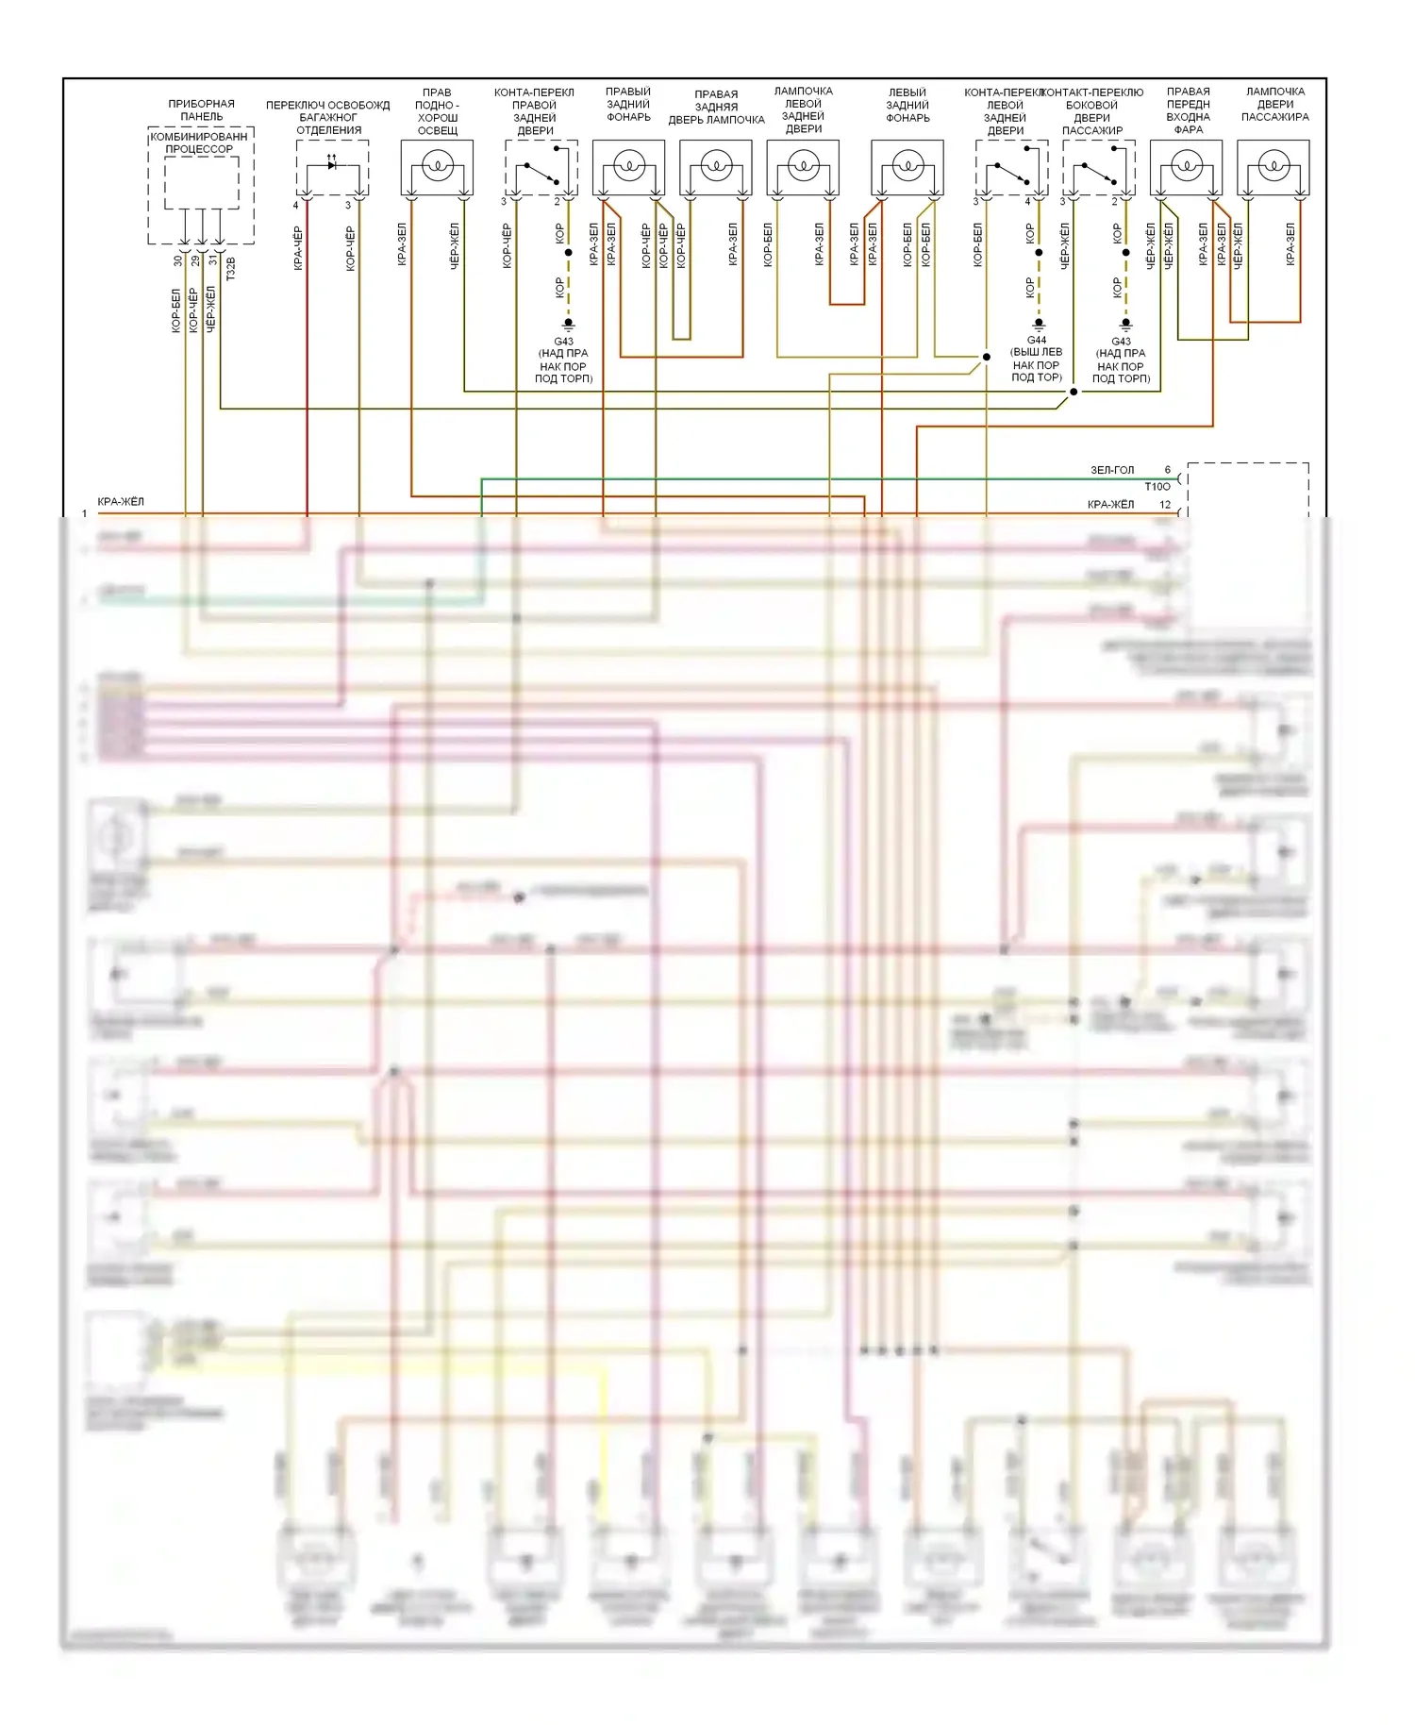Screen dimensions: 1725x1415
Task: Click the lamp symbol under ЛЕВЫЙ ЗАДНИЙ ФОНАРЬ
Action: pos(907,167)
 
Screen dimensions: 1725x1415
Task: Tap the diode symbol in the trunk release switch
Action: pos(332,165)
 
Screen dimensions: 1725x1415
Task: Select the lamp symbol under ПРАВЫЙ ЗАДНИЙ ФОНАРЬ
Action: pos(628,167)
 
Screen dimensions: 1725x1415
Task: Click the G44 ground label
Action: pos(1037,340)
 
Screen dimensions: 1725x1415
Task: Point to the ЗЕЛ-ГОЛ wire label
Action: pos(1112,470)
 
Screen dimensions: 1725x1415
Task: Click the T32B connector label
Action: pos(231,268)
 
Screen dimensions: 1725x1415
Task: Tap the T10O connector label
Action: pos(1157,487)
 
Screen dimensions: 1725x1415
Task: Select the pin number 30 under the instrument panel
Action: pos(178,260)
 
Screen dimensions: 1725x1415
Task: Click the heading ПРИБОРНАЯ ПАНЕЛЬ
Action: pos(201,109)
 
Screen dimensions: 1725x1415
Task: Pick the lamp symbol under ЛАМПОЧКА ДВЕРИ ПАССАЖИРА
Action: pos(1273,167)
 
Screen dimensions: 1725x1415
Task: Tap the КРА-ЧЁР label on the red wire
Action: pos(298,248)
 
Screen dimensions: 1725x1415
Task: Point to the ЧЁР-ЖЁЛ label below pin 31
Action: pos(210,310)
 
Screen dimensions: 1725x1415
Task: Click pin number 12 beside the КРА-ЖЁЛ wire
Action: pos(1165,505)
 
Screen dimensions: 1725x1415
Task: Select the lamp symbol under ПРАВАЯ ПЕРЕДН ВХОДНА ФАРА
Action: pos(1187,167)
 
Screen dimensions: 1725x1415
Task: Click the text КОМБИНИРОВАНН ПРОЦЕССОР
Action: pos(199,142)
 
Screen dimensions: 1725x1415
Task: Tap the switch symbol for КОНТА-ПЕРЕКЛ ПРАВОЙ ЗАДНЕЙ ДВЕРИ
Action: pos(540,175)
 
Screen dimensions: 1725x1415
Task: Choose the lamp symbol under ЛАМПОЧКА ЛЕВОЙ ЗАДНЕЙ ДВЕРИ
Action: pos(803,167)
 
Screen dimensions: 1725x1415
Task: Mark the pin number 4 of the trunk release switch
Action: pos(295,205)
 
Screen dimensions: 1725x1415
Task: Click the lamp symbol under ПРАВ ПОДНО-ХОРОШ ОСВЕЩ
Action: pos(437,167)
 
